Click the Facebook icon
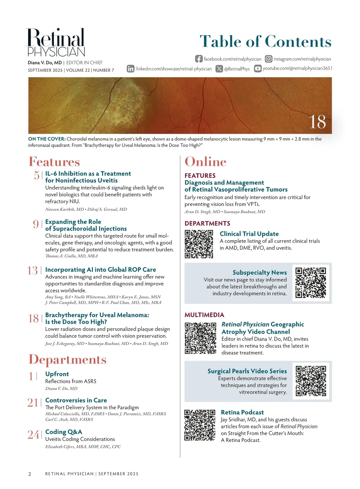199,59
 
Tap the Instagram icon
268,59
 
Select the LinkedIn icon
130,69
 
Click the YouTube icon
257,68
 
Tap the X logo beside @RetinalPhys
219,69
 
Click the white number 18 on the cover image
317,122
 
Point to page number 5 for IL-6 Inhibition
37,175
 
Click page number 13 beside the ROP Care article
32,270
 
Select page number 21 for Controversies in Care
33,403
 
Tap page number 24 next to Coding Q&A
33,434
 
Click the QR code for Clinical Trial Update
199,244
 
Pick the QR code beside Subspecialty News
310,283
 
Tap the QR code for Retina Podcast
199,425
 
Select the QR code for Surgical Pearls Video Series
310,381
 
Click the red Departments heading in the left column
67,359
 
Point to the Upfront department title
57,374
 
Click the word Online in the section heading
205,162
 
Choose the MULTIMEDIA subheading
204,315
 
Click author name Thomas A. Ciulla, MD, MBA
71,256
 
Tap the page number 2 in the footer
29,474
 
